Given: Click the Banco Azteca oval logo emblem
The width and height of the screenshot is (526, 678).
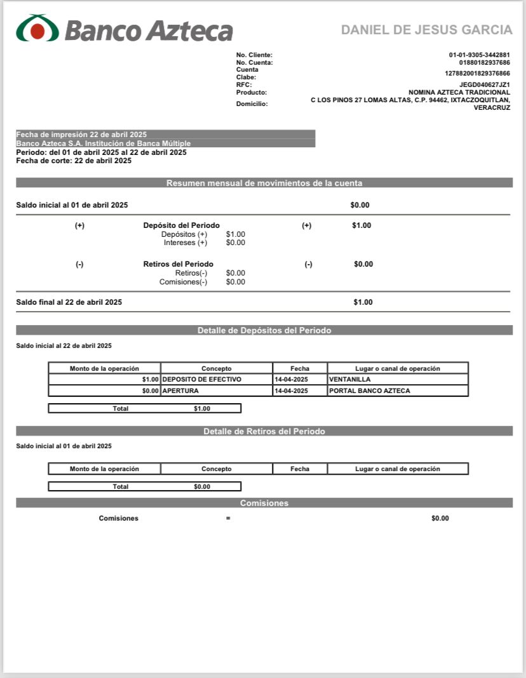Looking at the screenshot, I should pyautogui.click(x=37, y=29).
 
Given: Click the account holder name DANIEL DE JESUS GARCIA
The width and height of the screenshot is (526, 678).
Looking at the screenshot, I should pyautogui.click(x=426, y=30).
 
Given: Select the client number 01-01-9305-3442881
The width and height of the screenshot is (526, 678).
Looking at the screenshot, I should pyautogui.click(x=479, y=55).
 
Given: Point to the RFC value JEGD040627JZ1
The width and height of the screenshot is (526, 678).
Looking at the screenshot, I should pyautogui.click(x=484, y=84).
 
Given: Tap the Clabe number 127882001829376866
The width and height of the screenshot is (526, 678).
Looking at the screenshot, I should pyautogui.click(x=477, y=74).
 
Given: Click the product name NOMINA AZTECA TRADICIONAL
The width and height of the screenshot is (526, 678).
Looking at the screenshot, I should pyautogui.click(x=459, y=92).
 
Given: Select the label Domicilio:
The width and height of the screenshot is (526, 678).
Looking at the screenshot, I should pyautogui.click(x=252, y=103).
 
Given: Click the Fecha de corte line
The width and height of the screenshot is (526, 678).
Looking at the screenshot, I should pyautogui.click(x=74, y=161).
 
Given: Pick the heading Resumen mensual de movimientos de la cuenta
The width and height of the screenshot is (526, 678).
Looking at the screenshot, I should pyautogui.click(x=264, y=183).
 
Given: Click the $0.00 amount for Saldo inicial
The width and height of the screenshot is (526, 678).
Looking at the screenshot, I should pyautogui.click(x=360, y=205).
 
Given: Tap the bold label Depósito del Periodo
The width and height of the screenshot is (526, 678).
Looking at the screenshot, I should pyautogui.click(x=182, y=225).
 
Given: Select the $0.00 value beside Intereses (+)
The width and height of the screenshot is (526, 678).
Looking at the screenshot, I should pyautogui.click(x=235, y=243).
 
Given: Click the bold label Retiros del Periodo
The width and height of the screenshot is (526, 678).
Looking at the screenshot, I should pyautogui.click(x=179, y=264).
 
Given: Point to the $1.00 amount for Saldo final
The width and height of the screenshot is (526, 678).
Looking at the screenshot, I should pyautogui.click(x=363, y=302).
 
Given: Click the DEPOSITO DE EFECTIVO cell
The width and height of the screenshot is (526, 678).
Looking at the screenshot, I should pyautogui.click(x=202, y=380).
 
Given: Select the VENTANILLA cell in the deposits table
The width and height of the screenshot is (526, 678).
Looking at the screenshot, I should pyautogui.click(x=349, y=380).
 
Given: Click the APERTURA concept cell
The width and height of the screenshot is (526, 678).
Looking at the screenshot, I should pyautogui.click(x=180, y=391).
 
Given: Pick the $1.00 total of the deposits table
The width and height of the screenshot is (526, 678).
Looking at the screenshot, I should pyautogui.click(x=202, y=409).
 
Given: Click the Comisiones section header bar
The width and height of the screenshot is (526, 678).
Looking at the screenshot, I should pyautogui.click(x=264, y=503).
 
